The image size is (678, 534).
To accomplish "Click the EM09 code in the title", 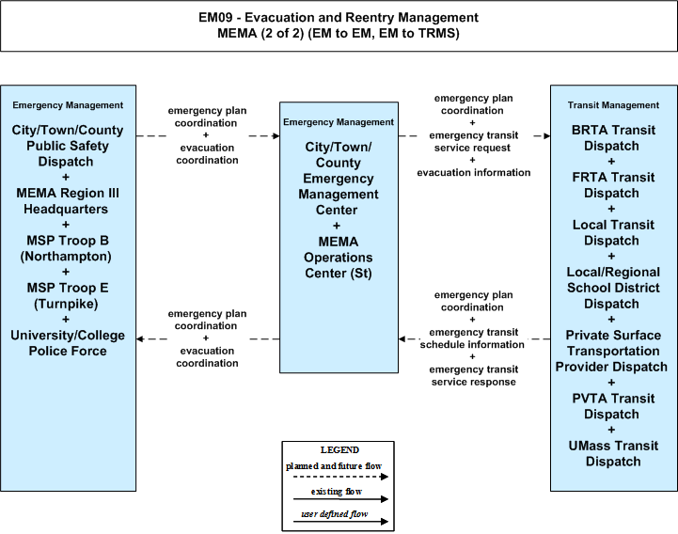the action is pyautogui.click(x=215, y=17).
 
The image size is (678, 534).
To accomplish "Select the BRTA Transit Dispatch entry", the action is pyautogui.click(x=613, y=138).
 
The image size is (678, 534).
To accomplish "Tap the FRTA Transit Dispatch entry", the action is pyautogui.click(x=613, y=185).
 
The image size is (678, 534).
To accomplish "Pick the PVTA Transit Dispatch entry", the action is pyautogui.click(x=613, y=406).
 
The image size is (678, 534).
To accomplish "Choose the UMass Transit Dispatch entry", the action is pyautogui.click(x=613, y=453).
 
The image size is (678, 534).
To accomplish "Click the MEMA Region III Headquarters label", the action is pyautogui.click(x=68, y=201).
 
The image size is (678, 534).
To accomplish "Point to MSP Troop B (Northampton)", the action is pyautogui.click(x=66, y=248).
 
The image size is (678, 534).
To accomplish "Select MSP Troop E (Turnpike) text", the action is pyautogui.click(x=68, y=296).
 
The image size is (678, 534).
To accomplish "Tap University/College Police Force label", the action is pyautogui.click(x=68, y=343).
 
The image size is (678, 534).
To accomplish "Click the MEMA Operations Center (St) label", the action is pyautogui.click(x=339, y=258).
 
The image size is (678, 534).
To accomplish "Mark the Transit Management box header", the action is pyautogui.click(x=613, y=105).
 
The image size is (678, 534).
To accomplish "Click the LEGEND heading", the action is pyautogui.click(x=339, y=449).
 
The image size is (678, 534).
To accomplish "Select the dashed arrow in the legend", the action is pyautogui.click(x=340, y=477).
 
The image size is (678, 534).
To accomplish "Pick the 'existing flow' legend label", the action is pyautogui.click(x=337, y=491).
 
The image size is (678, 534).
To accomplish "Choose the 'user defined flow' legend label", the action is pyautogui.click(x=334, y=513).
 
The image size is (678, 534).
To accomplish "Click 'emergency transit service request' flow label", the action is pyautogui.click(x=474, y=141).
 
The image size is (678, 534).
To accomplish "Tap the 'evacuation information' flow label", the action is pyautogui.click(x=474, y=173).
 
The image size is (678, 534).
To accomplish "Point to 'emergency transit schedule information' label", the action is pyautogui.click(x=473, y=338).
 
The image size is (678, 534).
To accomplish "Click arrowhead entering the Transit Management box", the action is pyautogui.click(x=547, y=135).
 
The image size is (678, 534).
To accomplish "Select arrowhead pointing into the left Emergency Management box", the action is pyautogui.click(x=140, y=339).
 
